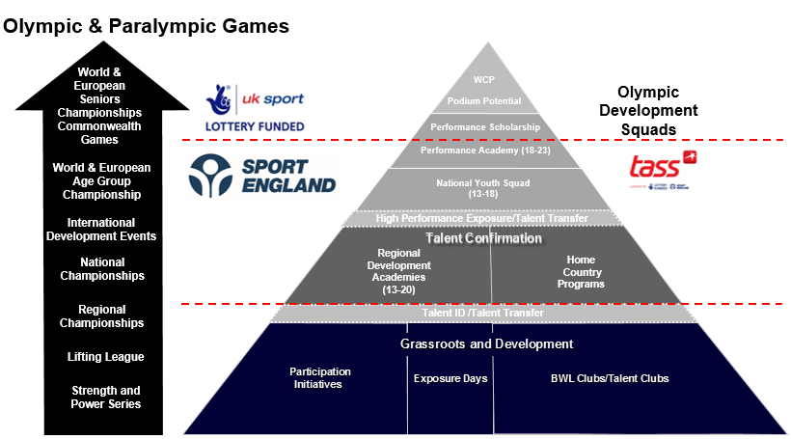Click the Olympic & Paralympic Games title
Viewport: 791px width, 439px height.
click(x=147, y=27)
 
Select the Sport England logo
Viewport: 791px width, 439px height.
click(x=263, y=173)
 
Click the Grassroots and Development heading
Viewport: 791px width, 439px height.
click(x=486, y=343)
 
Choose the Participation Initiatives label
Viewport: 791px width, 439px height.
click(x=320, y=377)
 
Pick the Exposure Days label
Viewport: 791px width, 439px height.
click(x=450, y=378)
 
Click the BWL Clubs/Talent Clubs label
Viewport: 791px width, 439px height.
click(x=603, y=378)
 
